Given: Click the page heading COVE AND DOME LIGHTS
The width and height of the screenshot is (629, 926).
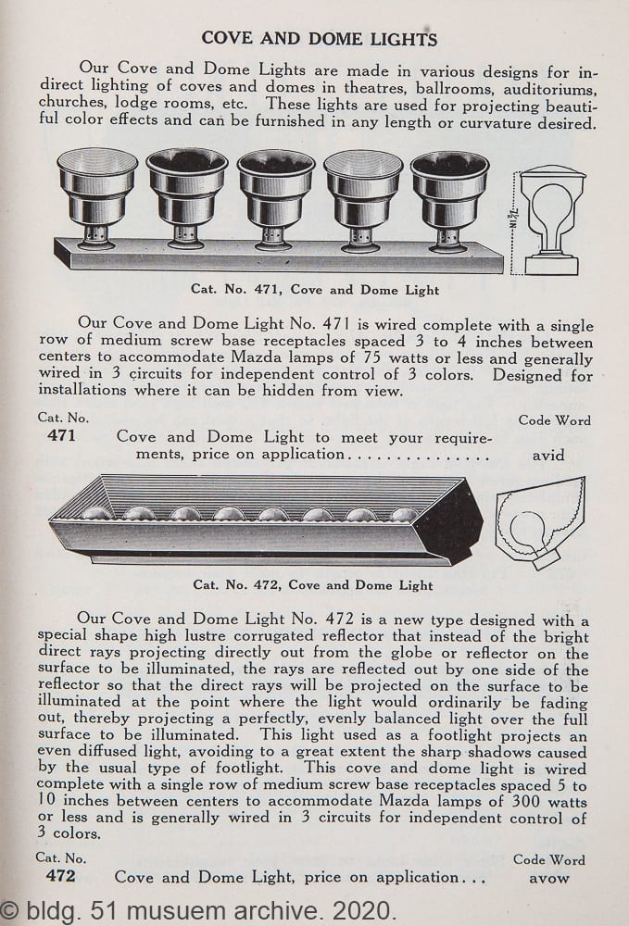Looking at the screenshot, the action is pos(319,39).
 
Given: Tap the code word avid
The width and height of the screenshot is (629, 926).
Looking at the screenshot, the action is pos(548,456).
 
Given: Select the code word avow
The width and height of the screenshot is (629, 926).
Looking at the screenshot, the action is pos(548,878).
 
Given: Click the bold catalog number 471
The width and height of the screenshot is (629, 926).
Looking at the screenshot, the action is pos(61,436).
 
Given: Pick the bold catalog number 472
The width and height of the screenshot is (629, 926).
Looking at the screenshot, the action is pos(61,875).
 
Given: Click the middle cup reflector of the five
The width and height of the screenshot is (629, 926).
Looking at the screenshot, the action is pos(276,200).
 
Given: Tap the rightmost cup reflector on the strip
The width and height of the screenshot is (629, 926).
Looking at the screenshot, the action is pos(450,201).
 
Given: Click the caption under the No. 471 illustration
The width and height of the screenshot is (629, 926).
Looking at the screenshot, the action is pos(315,290).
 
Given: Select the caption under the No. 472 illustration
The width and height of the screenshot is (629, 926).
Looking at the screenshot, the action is pos(313,585).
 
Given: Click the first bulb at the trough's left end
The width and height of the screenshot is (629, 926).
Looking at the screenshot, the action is pos(95,513).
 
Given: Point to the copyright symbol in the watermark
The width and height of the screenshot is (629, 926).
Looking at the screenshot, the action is pos(10,910).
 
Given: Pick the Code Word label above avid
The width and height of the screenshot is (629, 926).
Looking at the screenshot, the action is pos(554,420).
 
